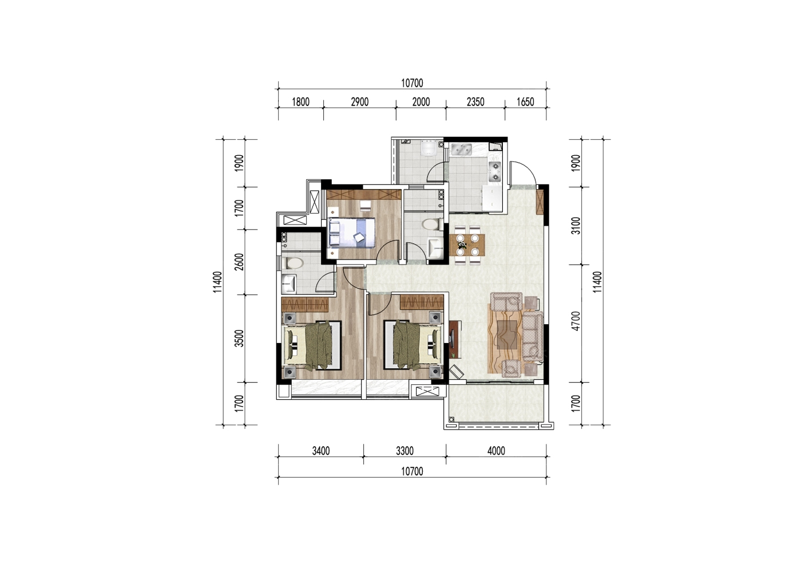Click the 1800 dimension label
tap(300, 102)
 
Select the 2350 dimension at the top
tap(475, 102)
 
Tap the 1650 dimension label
tap(525, 102)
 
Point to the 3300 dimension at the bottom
tap(405, 451)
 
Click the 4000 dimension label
tap(496, 451)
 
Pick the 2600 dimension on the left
tap(239, 262)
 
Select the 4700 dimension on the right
tap(576, 321)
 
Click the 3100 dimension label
tap(576, 226)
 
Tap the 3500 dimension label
tap(239, 338)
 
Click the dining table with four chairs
tap(467, 245)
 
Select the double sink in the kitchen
tap(461, 149)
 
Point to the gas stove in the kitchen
tap(495, 171)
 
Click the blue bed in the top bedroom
tap(351, 233)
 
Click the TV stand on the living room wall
tap(454, 339)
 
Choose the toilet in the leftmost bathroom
tap(293, 263)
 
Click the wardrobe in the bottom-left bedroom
tap(305, 305)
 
